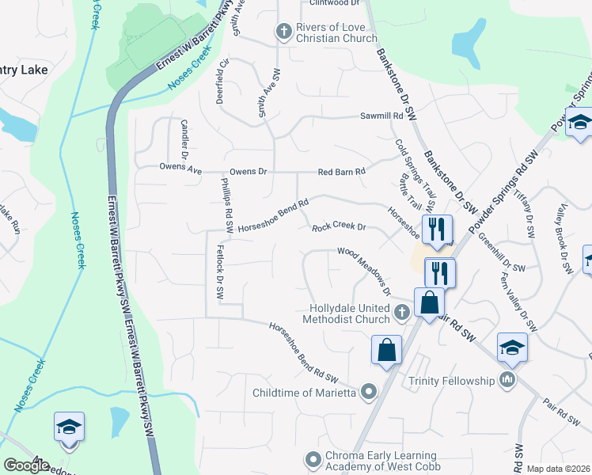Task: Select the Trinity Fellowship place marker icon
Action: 507,381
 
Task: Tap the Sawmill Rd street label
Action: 381,116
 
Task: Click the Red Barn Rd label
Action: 341,172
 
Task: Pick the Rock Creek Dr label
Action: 338,227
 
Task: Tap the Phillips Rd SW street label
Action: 226,204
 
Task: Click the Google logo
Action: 26,465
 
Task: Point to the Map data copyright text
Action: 559,469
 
